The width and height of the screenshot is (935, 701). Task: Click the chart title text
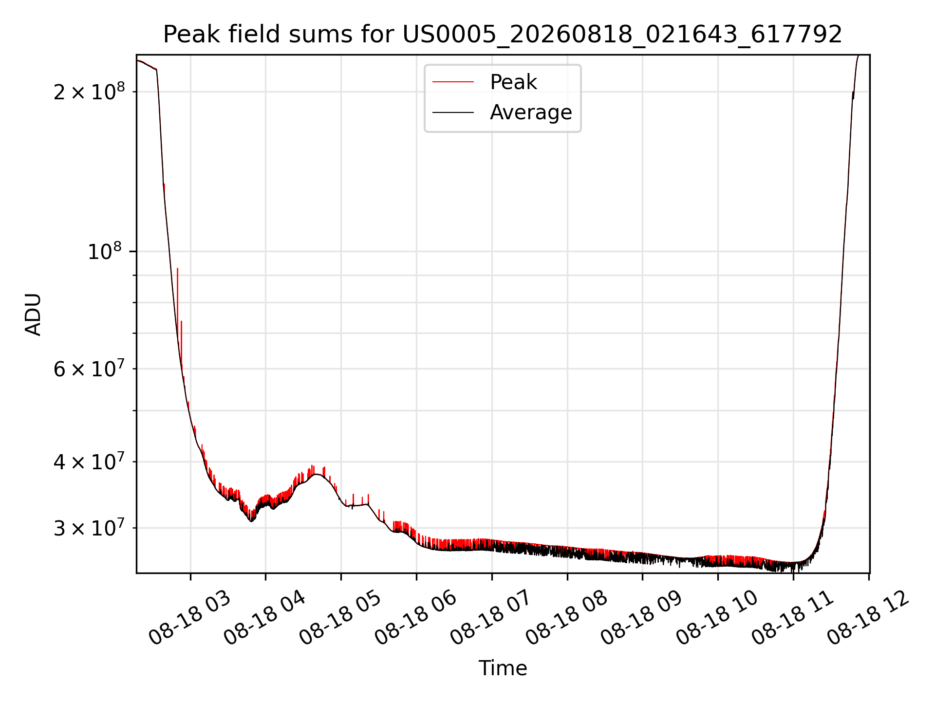pos(503,35)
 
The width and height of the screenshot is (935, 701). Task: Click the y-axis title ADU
pos(33,314)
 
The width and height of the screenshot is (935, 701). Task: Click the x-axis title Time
pos(503,668)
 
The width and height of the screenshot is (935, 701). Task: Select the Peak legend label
pos(513,82)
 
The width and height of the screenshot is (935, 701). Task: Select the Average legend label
pos(531,112)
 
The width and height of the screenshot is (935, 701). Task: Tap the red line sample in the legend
pos(453,82)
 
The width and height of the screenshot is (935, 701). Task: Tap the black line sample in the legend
pos(453,112)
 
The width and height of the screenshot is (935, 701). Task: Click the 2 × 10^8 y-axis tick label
pos(89,91)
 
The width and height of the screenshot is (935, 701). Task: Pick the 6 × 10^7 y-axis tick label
pos(89,369)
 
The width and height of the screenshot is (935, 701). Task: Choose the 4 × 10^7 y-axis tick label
pos(89,461)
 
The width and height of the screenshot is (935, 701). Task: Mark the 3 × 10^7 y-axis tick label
pos(89,528)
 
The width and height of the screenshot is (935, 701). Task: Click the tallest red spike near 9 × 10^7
pos(178,269)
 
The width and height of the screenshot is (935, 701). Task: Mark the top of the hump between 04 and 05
pos(317,474)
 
